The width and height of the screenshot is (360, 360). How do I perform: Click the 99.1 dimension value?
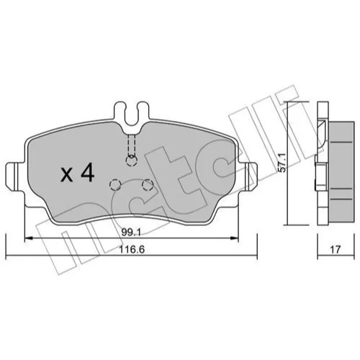(x=131, y=233)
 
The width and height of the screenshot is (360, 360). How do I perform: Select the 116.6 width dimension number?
(x=132, y=250)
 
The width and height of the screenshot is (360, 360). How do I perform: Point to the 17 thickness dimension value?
(x=336, y=250)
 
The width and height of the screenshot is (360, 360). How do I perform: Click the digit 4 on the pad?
(x=88, y=172)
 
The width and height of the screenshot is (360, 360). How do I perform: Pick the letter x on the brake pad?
(x=66, y=175)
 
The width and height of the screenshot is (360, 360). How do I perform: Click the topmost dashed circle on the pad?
(x=131, y=161)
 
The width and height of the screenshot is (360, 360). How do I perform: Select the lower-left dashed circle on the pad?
(x=115, y=185)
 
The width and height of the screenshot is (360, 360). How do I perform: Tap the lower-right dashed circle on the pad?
(x=148, y=185)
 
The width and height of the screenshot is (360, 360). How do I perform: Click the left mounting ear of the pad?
(x=15, y=176)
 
